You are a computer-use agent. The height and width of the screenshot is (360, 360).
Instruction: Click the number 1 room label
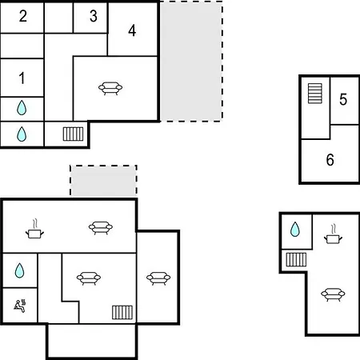22,78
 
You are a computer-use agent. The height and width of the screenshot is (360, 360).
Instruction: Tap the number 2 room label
23,16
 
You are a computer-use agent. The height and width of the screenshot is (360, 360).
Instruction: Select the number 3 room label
94,16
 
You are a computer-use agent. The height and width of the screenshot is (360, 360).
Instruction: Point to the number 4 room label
132,30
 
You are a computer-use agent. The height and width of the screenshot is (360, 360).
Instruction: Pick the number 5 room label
343,99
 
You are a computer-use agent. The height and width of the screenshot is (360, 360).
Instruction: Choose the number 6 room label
330,160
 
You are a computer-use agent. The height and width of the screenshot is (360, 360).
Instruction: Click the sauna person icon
20,306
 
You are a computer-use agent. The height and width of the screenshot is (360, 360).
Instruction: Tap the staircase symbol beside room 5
315,94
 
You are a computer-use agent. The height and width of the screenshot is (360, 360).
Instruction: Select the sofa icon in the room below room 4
110,88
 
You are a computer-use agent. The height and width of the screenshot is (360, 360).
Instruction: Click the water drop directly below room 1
22,108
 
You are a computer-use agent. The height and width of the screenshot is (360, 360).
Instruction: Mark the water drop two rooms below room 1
22,134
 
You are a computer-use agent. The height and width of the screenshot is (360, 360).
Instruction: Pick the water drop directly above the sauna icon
19,270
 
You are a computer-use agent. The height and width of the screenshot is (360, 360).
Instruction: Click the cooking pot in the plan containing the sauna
34,230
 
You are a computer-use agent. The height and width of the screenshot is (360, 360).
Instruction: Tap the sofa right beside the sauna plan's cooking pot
101,228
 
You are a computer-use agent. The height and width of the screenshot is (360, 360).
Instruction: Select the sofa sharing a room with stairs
89,278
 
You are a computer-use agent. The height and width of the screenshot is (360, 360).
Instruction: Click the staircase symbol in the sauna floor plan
122,312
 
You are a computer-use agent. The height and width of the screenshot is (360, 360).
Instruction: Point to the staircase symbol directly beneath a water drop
296,259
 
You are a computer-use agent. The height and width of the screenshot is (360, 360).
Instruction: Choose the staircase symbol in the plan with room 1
73,134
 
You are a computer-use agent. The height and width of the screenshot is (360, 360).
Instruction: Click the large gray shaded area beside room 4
191,62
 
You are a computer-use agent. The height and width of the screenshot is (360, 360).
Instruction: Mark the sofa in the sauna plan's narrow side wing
158,278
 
